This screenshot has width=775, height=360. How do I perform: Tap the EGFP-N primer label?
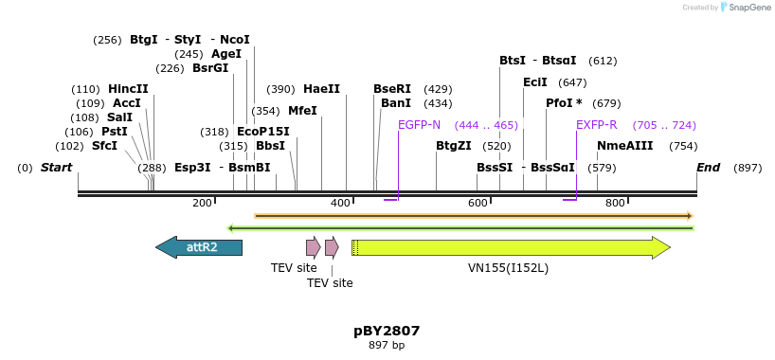(x=419, y=125)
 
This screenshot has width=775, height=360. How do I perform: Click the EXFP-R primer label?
(x=597, y=125)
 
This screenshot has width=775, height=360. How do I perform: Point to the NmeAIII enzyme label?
(x=624, y=146)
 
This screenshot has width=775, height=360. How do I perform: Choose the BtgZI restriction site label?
(x=453, y=146)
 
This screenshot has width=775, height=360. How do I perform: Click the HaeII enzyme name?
(x=321, y=89)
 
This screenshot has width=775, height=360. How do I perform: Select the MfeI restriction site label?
(x=302, y=111)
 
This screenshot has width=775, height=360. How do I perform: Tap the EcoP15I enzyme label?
(x=262, y=132)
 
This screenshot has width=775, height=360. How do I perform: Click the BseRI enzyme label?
(x=392, y=89)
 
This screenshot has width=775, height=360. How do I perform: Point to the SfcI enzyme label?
(x=104, y=146)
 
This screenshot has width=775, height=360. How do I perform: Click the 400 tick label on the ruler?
(x=340, y=204)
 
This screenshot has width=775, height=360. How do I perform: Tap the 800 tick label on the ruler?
(x=615, y=204)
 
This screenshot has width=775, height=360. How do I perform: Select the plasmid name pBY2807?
(x=387, y=331)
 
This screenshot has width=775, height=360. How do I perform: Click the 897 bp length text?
(x=387, y=346)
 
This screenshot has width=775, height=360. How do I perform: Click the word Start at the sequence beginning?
(x=56, y=168)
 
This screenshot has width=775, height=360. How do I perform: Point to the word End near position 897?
(x=708, y=168)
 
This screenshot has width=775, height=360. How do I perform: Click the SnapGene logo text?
(x=749, y=8)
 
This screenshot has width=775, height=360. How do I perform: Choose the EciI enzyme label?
(x=535, y=82)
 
